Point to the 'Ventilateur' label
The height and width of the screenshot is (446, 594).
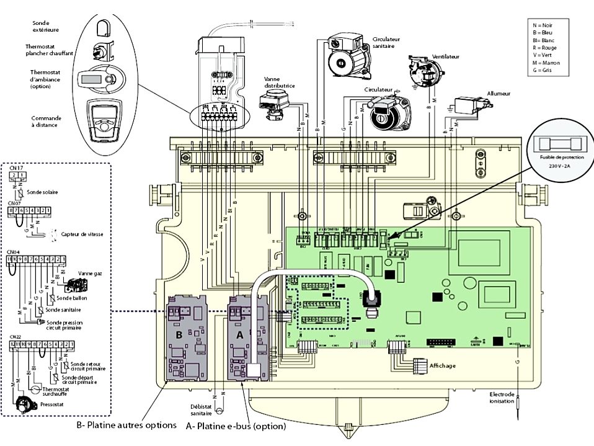click(x=446, y=56)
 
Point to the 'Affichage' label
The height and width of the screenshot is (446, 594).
click(x=443, y=366)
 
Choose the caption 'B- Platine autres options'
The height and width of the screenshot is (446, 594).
click(x=126, y=426)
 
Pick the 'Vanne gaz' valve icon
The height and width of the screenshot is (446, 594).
click(x=77, y=285)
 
